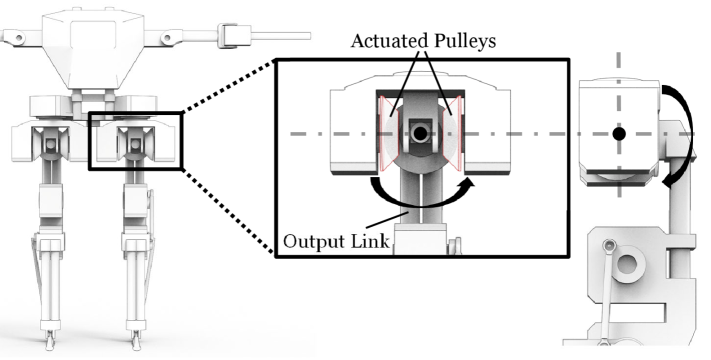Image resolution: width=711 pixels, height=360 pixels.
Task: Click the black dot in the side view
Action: pos(620,133)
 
